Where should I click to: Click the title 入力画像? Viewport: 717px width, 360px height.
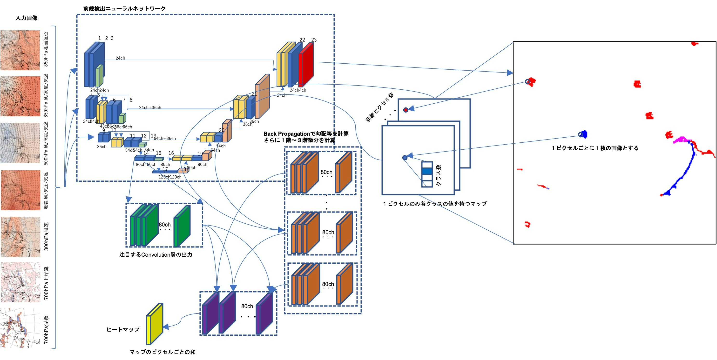[26, 18]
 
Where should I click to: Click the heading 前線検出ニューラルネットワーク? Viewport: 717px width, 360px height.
[124, 9]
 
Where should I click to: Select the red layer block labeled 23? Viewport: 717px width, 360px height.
[306, 65]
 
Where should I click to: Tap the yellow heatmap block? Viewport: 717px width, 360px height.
[155, 324]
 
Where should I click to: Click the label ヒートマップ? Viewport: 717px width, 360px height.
[123, 329]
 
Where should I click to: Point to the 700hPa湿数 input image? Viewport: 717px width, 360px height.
[20, 328]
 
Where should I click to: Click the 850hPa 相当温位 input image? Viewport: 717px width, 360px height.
[20, 50]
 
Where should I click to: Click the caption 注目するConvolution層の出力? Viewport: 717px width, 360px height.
[156, 254]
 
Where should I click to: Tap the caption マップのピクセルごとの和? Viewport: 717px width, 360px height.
[162, 352]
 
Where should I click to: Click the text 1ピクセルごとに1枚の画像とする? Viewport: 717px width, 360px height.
[595, 148]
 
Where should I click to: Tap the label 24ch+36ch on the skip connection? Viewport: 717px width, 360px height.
[150, 107]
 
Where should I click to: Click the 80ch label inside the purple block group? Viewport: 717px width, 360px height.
[247, 306]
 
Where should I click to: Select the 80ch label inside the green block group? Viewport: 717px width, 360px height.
[164, 225]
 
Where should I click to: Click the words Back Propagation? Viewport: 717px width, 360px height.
[286, 133]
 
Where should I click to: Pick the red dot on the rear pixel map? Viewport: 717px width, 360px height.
[406, 110]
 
